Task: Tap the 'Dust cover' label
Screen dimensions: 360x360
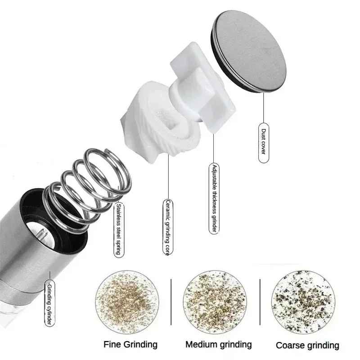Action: (264, 143)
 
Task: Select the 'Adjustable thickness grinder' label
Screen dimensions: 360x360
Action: (214, 198)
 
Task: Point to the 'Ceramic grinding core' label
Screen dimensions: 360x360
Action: (168, 227)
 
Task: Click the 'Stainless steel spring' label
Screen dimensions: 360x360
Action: (119, 229)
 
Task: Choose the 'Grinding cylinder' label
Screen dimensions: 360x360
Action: (49, 303)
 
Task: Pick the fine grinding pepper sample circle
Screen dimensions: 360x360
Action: (127, 301)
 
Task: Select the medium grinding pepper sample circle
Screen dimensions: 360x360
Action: (215, 301)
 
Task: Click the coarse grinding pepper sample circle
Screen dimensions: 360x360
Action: (303, 301)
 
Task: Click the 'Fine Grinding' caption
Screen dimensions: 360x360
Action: (130, 344)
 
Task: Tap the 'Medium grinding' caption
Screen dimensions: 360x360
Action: (219, 345)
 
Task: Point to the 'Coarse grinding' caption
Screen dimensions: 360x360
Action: (307, 345)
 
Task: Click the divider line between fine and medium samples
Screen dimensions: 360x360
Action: (171, 302)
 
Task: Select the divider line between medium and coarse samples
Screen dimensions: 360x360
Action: (260, 302)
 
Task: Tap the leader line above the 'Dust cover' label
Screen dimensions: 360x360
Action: (264, 108)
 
